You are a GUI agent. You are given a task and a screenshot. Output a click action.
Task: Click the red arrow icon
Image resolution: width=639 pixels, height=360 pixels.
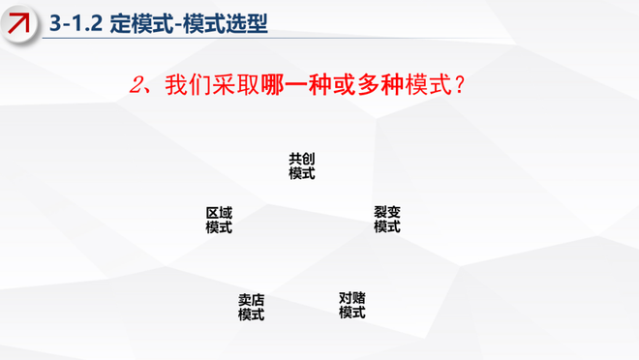tap(18, 23)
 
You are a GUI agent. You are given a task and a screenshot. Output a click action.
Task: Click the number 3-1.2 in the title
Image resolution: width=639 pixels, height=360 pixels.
tap(76, 23)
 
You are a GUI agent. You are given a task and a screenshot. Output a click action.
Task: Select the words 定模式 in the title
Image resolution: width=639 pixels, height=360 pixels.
tap(141, 23)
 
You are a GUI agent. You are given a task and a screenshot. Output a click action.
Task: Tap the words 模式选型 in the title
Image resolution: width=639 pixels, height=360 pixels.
tap(225, 23)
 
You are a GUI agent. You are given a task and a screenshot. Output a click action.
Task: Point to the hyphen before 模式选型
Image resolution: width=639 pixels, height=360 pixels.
tap(178, 24)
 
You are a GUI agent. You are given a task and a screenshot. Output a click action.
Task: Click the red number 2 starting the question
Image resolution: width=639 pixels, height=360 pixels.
tap(137, 85)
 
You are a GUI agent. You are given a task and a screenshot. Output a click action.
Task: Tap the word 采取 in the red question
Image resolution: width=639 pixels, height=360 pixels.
tap(235, 85)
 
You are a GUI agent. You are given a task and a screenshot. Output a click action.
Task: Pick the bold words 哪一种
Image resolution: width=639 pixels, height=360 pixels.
tap(295, 85)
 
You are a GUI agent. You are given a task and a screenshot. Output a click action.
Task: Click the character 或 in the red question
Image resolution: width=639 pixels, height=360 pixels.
tap(344, 85)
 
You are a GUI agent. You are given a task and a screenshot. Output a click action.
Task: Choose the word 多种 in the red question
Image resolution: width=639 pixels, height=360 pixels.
tap(380, 85)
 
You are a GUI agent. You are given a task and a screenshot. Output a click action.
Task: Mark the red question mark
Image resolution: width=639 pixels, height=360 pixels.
tap(460, 85)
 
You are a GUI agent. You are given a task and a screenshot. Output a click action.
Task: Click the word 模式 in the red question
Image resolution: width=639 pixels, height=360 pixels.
tap(428, 85)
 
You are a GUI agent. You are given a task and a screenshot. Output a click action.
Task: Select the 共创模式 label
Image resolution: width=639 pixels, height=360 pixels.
tap(301, 166)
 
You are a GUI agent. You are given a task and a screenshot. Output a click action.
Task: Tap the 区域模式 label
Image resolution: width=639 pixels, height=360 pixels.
tap(219, 221)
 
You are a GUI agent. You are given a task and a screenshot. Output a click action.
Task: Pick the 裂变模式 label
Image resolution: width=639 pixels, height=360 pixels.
tap(387, 219)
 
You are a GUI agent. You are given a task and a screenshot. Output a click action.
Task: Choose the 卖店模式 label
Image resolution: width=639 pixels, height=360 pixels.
tap(251, 308)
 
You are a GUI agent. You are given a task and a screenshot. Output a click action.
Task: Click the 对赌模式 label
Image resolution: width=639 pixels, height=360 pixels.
tap(352, 306)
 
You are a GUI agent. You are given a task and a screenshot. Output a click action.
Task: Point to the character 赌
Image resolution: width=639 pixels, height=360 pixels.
tap(359, 298)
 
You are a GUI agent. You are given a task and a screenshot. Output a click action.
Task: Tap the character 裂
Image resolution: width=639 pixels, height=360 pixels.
tap(380, 212)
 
